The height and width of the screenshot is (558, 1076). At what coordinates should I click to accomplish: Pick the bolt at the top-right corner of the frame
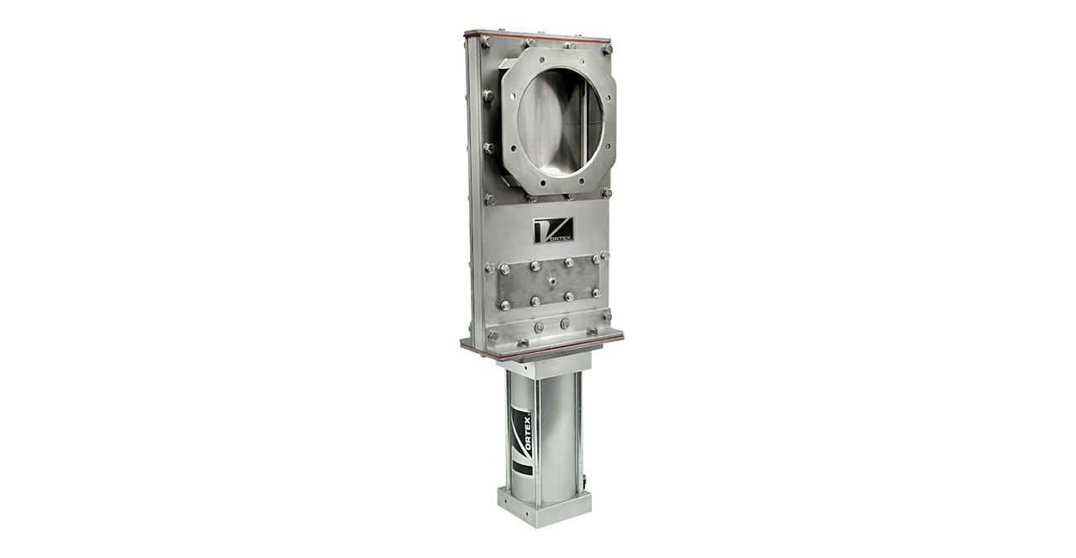[606, 50]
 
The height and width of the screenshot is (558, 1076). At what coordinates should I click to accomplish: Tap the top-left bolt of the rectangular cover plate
[504, 270]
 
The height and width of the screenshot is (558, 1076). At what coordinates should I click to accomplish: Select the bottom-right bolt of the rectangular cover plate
[596, 292]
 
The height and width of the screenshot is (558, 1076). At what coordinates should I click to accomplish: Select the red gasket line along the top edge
[538, 36]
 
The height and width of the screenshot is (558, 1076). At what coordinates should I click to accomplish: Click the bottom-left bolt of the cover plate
[504, 305]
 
